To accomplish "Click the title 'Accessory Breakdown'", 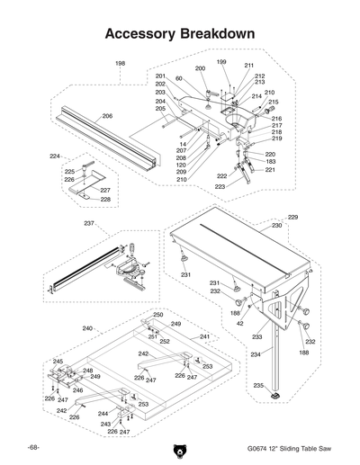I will tap(179, 33).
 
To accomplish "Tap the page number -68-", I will tap(33, 447).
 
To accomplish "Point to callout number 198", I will tap(121, 64).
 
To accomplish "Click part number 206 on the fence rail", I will tap(107, 116).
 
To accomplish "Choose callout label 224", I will tap(55, 156).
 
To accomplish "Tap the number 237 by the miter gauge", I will tap(88, 223).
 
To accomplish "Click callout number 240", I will tap(87, 328).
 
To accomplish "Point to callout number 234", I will tap(256, 355).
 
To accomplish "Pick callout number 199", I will tap(221, 62).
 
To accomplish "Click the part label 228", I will tap(105, 199).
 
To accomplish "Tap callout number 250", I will tap(157, 315).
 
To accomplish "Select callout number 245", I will tap(58, 362).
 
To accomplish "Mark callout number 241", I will tap(204, 336).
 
